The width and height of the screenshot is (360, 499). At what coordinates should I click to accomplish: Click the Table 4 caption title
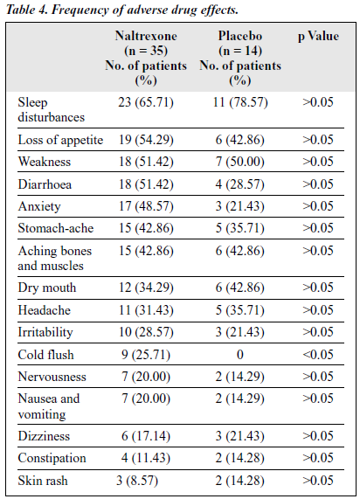(x=122, y=10)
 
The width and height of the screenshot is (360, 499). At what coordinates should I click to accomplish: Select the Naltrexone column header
(x=146, y=58)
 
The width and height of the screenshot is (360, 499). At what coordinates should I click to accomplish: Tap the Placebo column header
(x=240, y=58)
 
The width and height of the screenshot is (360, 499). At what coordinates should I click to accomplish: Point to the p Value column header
(x=318, y=37)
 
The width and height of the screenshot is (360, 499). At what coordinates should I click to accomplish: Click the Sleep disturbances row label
(x=52, y=110)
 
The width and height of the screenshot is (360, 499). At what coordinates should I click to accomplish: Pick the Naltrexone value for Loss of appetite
(x=146, y=140)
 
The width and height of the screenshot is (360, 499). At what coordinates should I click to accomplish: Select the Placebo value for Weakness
(x=240, y=162)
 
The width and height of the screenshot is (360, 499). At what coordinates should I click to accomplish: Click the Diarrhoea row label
(x=45, y=184)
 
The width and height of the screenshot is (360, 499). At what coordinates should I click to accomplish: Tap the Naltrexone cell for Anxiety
(x=146, y=206)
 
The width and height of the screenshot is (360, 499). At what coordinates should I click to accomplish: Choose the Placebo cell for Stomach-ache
(x=240, y=228)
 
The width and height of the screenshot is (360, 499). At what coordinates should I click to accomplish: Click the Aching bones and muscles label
(x=55, y=258)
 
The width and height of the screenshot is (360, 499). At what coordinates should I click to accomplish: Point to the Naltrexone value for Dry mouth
(x=146, y=288)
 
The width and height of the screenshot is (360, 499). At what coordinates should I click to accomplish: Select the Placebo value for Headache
(x=240, y=310)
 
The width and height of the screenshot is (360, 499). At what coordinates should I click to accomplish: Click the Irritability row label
(x=45, y=332)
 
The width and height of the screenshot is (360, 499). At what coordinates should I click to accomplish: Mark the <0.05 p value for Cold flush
(x=318, y=355)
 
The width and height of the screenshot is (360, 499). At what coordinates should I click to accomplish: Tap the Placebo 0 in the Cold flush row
(x=240, y=355)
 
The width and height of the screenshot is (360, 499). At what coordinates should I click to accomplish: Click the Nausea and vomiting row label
(x=49, y=406)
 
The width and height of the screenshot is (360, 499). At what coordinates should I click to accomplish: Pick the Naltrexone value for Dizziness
(x=146, y=436)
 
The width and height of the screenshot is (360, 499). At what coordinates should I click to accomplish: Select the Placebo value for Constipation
(x=240, y=458)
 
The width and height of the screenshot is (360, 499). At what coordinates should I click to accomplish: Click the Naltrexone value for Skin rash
(x=137, y=481)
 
